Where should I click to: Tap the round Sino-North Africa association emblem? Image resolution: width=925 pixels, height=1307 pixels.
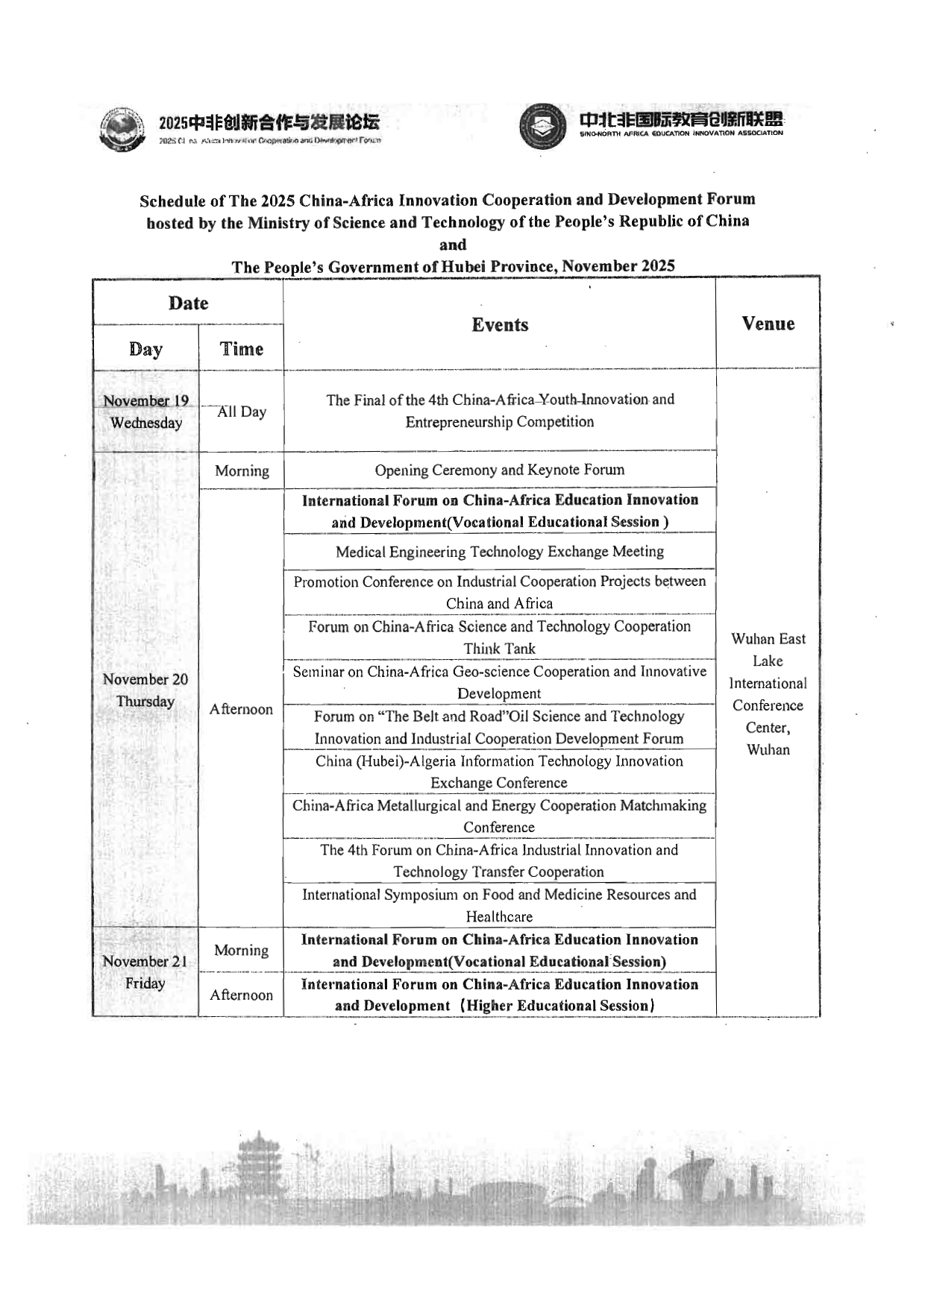(x=543, y=127)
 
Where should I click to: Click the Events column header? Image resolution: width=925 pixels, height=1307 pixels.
(x=500, y=325)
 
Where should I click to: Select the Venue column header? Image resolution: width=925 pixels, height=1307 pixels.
(x=768, y=324)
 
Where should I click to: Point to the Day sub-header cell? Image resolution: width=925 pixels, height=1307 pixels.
(x=145, y=349)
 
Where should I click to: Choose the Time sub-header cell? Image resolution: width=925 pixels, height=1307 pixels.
(x=241, y=349)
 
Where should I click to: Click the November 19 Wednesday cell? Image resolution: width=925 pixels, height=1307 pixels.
(x=146, y=412)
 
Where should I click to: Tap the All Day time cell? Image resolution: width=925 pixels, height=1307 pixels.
(x=241, y=412)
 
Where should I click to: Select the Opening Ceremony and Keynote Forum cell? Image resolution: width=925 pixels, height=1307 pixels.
(x=500, y=470)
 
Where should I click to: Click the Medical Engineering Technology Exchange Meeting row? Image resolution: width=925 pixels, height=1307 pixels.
(x=500, y=552)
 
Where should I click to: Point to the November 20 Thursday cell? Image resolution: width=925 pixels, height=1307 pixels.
(x=145, y=690)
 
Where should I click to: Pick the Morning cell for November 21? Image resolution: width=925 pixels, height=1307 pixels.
(x=241, y=951)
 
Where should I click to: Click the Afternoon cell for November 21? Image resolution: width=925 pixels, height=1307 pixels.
(x=241, y=995)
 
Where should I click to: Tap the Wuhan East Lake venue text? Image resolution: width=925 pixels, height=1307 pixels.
(x=768, y=693)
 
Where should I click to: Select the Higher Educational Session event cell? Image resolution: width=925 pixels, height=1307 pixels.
(x=500, y=995)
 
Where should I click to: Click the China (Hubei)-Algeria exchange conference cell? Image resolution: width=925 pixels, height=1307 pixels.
(x=500, y=772)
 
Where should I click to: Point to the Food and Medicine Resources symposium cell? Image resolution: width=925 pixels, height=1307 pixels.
(x=500, y=905)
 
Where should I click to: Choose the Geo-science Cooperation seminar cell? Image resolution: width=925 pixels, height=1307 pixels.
(x=500, y=682)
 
